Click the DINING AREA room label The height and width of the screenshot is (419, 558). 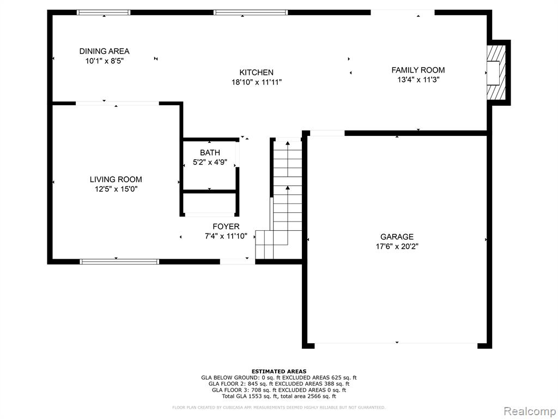[x=104, y=51]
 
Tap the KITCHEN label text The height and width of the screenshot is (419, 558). [x=256, y=73]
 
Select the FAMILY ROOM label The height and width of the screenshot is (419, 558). [x=418, y=70]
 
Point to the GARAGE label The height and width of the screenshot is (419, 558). [x=397, y=237]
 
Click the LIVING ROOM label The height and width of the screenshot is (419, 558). [x=116, y=179]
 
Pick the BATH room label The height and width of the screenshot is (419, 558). [x=210, y=153]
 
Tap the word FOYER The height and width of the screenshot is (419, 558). [x=226, y=226]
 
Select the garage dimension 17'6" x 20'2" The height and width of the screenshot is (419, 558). [x=397, y=247]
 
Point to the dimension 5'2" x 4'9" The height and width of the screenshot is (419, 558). [x=210, y=163]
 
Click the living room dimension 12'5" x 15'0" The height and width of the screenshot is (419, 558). [x=116, y=189]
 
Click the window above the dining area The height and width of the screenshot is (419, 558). [x=104, y=13]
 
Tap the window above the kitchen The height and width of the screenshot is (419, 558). [x=251, y=13]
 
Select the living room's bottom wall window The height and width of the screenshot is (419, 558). [x=119, y=261]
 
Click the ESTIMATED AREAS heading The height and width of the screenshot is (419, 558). [x=279, y=371]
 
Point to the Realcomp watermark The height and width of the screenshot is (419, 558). [x=529, y=411]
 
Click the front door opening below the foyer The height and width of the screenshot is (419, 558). [x=238, y=261]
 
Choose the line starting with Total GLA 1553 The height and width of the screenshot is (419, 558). [x=279, y=396]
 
